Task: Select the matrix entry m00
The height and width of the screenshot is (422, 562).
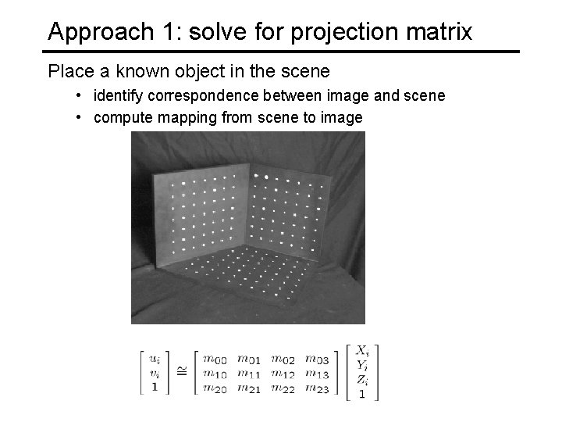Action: point(215,359)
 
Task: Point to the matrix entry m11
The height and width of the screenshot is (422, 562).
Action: point(250,373)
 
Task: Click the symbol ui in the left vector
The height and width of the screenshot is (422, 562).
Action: point(155,359)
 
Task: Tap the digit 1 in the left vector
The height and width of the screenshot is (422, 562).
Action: point(155,387)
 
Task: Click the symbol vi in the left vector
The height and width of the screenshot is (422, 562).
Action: point(155,373)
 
